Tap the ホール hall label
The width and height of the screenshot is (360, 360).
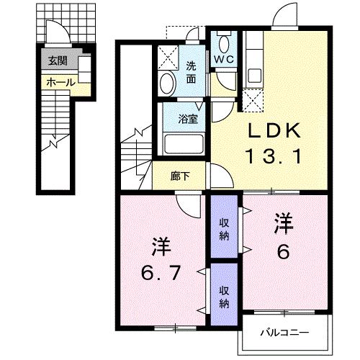pos(60,83)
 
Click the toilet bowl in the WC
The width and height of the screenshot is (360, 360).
pos(224,40)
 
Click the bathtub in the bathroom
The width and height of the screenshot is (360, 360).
pos(185,144)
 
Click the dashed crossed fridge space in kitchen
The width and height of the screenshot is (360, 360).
pos(253,100)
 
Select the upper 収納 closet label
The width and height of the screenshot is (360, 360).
pos(225,230)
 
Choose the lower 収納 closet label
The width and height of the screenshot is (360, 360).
pos(225,297)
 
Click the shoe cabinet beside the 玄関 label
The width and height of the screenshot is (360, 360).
pos(84,71)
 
